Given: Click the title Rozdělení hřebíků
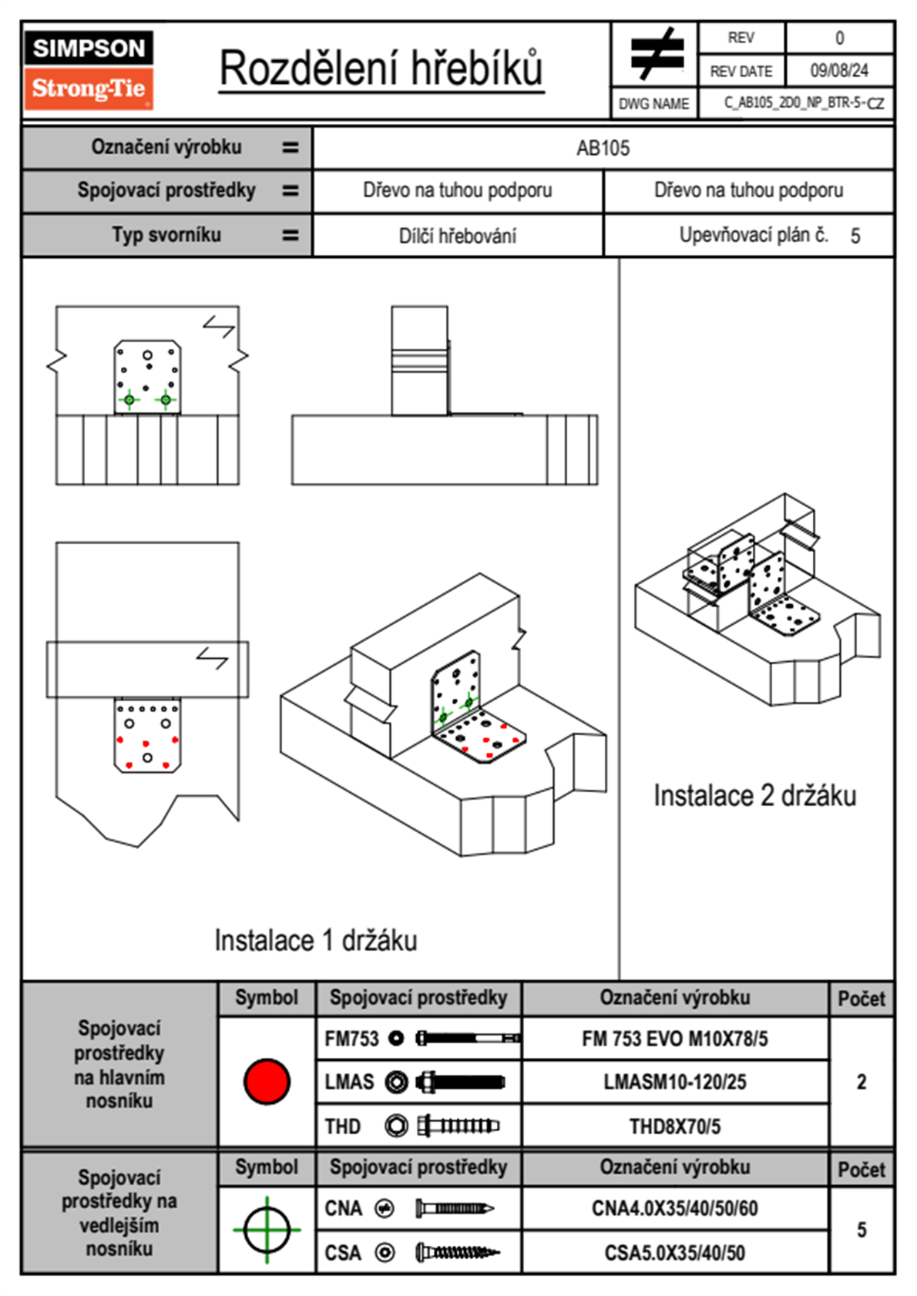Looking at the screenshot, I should (381, 69).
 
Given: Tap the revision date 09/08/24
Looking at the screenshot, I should (838, 71).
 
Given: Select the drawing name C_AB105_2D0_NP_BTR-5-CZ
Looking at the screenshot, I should (803, 103).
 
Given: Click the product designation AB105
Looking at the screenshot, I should (603, 148).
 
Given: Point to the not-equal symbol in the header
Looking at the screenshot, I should (656, 55).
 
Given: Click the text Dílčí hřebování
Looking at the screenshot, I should (457, 236).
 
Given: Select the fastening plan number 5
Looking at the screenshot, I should (855, 236).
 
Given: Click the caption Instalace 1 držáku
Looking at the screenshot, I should (316, 941).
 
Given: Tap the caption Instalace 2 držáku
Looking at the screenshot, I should (754, 796).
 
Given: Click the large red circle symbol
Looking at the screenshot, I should (267, 1081).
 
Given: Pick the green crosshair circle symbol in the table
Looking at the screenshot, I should (267, 1230).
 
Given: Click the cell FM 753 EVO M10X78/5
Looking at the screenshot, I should (674, 1039).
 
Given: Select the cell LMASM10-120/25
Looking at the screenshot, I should (674, 1083).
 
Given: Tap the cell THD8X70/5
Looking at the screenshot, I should (674, 1126).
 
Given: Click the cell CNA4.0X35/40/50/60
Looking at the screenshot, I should (674, 1208).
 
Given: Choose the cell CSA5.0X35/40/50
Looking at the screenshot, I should (674, 1253).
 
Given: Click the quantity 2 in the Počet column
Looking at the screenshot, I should (862, 1083).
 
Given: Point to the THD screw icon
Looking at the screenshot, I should (458, 1126).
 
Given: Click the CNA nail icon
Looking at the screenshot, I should (455, 1208).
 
